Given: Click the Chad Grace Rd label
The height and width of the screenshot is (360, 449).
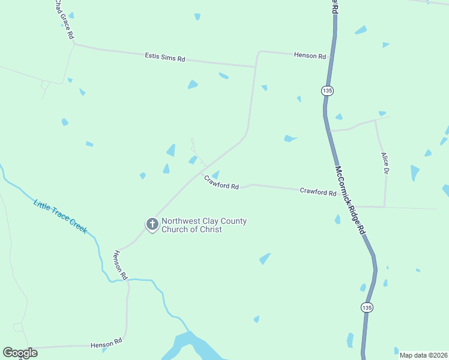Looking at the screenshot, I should [x=63, y=20].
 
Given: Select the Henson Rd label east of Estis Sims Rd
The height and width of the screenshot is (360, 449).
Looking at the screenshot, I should [x=310, y=56].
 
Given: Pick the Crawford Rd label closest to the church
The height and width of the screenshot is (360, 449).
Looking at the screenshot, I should [x=221, y=182].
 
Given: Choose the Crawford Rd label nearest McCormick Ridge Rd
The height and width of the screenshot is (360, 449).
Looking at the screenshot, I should [x=318, y=191].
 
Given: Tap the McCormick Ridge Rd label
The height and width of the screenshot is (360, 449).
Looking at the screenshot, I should [x=350, y=200].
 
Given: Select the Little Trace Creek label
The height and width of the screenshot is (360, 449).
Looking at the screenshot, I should [x=60, y=217].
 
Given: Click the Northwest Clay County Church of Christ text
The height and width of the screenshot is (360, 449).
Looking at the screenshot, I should [x=203, y=225].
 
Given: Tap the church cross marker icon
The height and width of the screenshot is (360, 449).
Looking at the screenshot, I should [x=152, y=225].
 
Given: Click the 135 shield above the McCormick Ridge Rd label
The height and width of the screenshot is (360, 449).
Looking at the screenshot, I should [x=327, y=90].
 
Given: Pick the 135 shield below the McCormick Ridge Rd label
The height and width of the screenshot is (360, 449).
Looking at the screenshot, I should [x=367, y=307].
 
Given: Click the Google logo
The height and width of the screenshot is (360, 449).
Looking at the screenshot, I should [x=20, y=353].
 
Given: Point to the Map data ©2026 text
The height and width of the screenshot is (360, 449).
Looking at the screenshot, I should [x=423, y=355].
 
